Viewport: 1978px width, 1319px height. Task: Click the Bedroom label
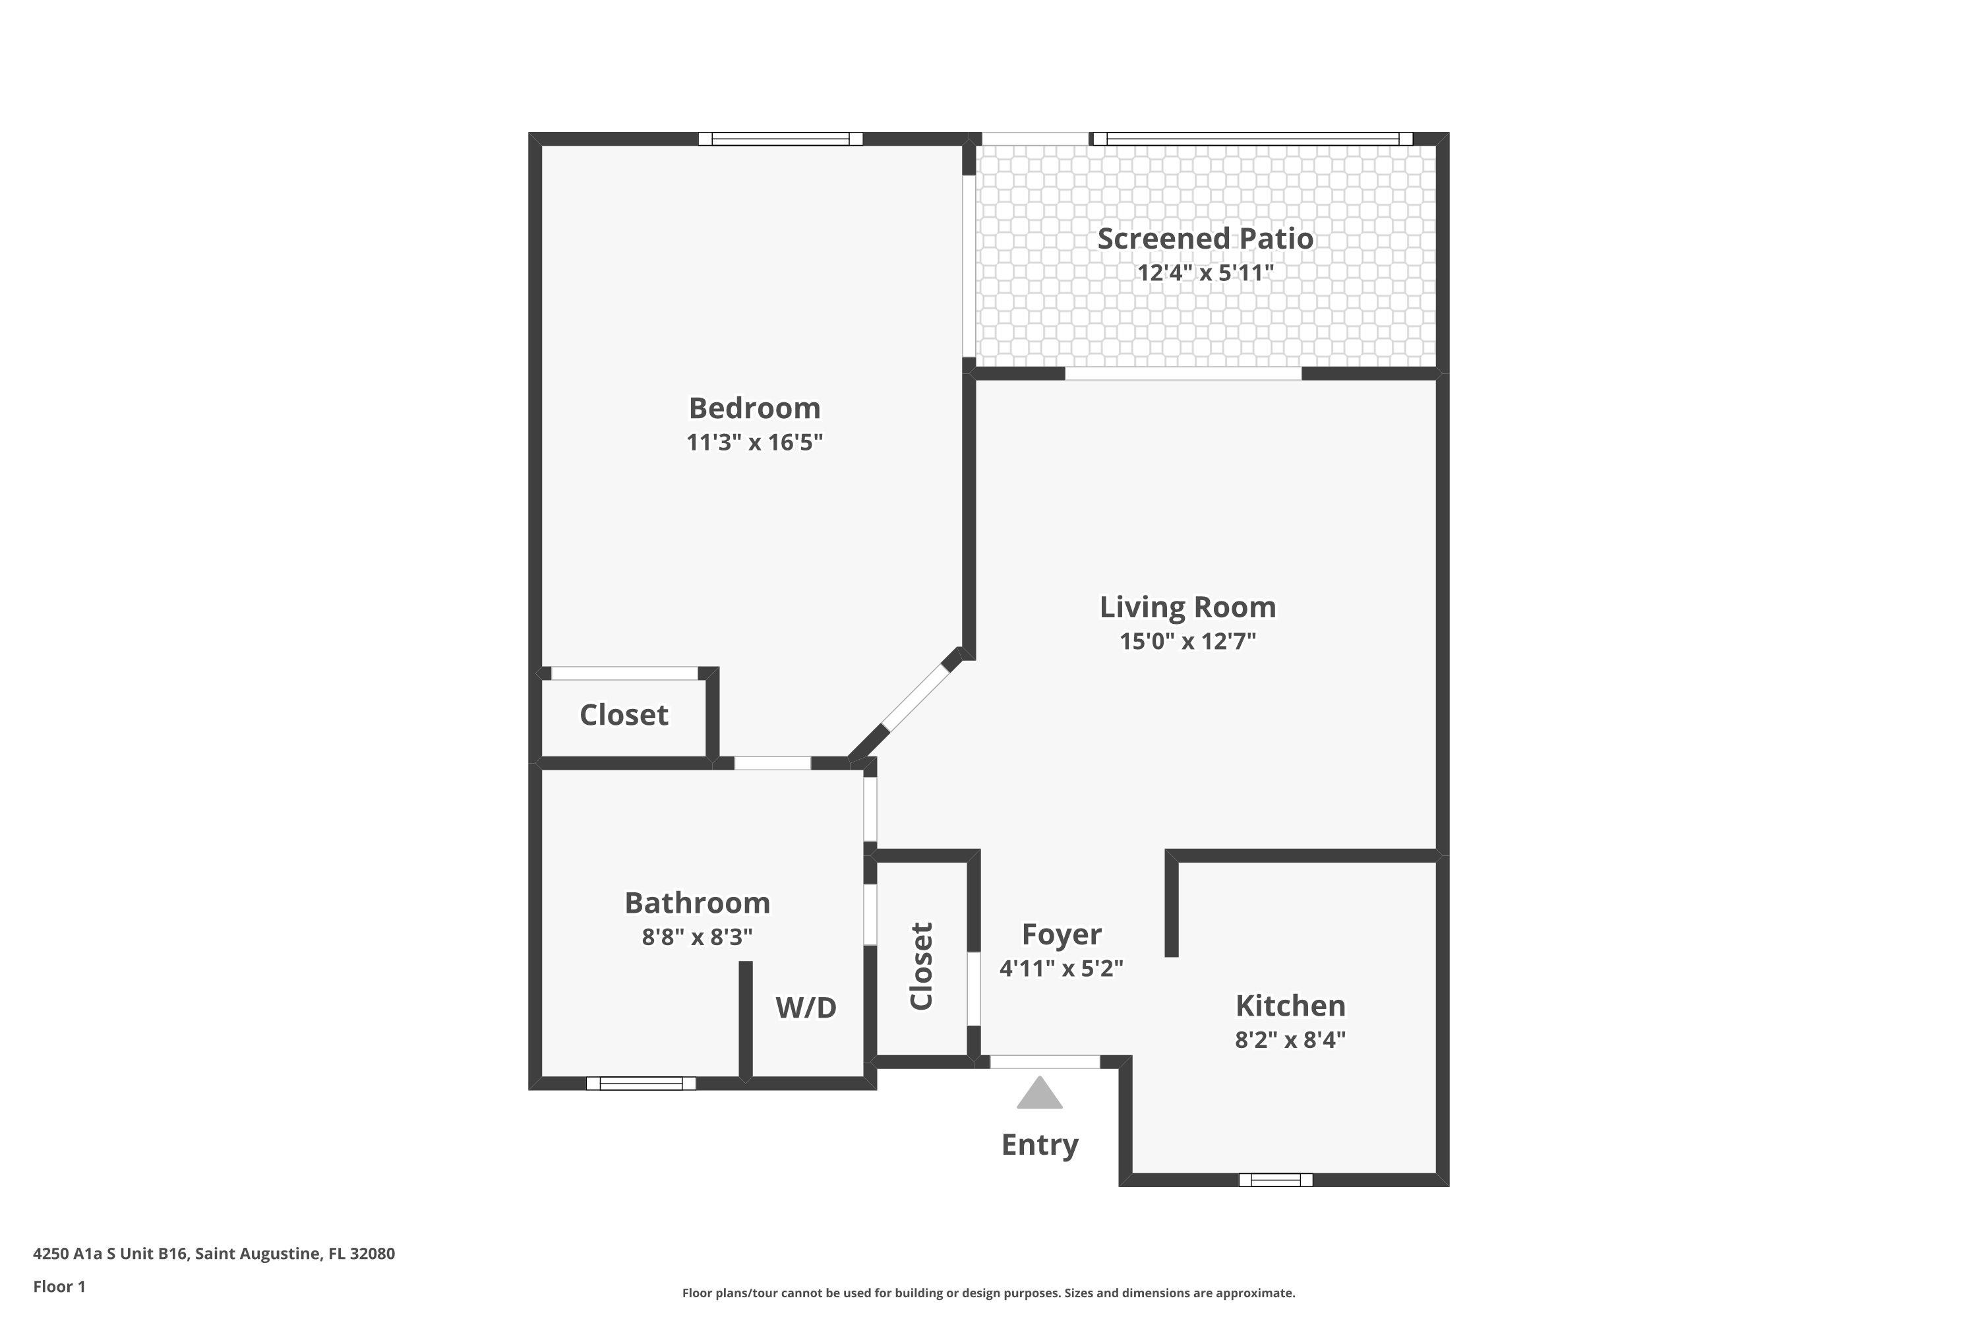pos(754,408)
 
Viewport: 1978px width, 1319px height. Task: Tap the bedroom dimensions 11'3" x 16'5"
pos(754,443)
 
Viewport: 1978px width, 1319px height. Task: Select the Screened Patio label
pos(1205,239)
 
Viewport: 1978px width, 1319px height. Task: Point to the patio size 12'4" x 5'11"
pos(1205,272)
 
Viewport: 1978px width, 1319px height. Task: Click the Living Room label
pos(1187,607)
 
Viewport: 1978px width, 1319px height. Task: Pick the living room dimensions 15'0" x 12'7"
pos(1187,641)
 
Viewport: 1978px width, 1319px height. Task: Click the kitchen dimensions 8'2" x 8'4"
pos(1290,1040)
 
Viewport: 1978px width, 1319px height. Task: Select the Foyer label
pos(1062,935)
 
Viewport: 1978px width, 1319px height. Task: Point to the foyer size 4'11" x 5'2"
pos(1062,968)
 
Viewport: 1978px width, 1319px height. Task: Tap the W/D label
pos(806,1007)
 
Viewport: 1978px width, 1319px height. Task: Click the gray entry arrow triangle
pos(1040,1094)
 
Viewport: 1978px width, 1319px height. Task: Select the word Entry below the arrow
pos(1040,1145)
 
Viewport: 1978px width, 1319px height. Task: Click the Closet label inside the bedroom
pos(624,715)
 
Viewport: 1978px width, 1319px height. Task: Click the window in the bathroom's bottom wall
pos(641,1084)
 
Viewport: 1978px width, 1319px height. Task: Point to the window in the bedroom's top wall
pos(781,138)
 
